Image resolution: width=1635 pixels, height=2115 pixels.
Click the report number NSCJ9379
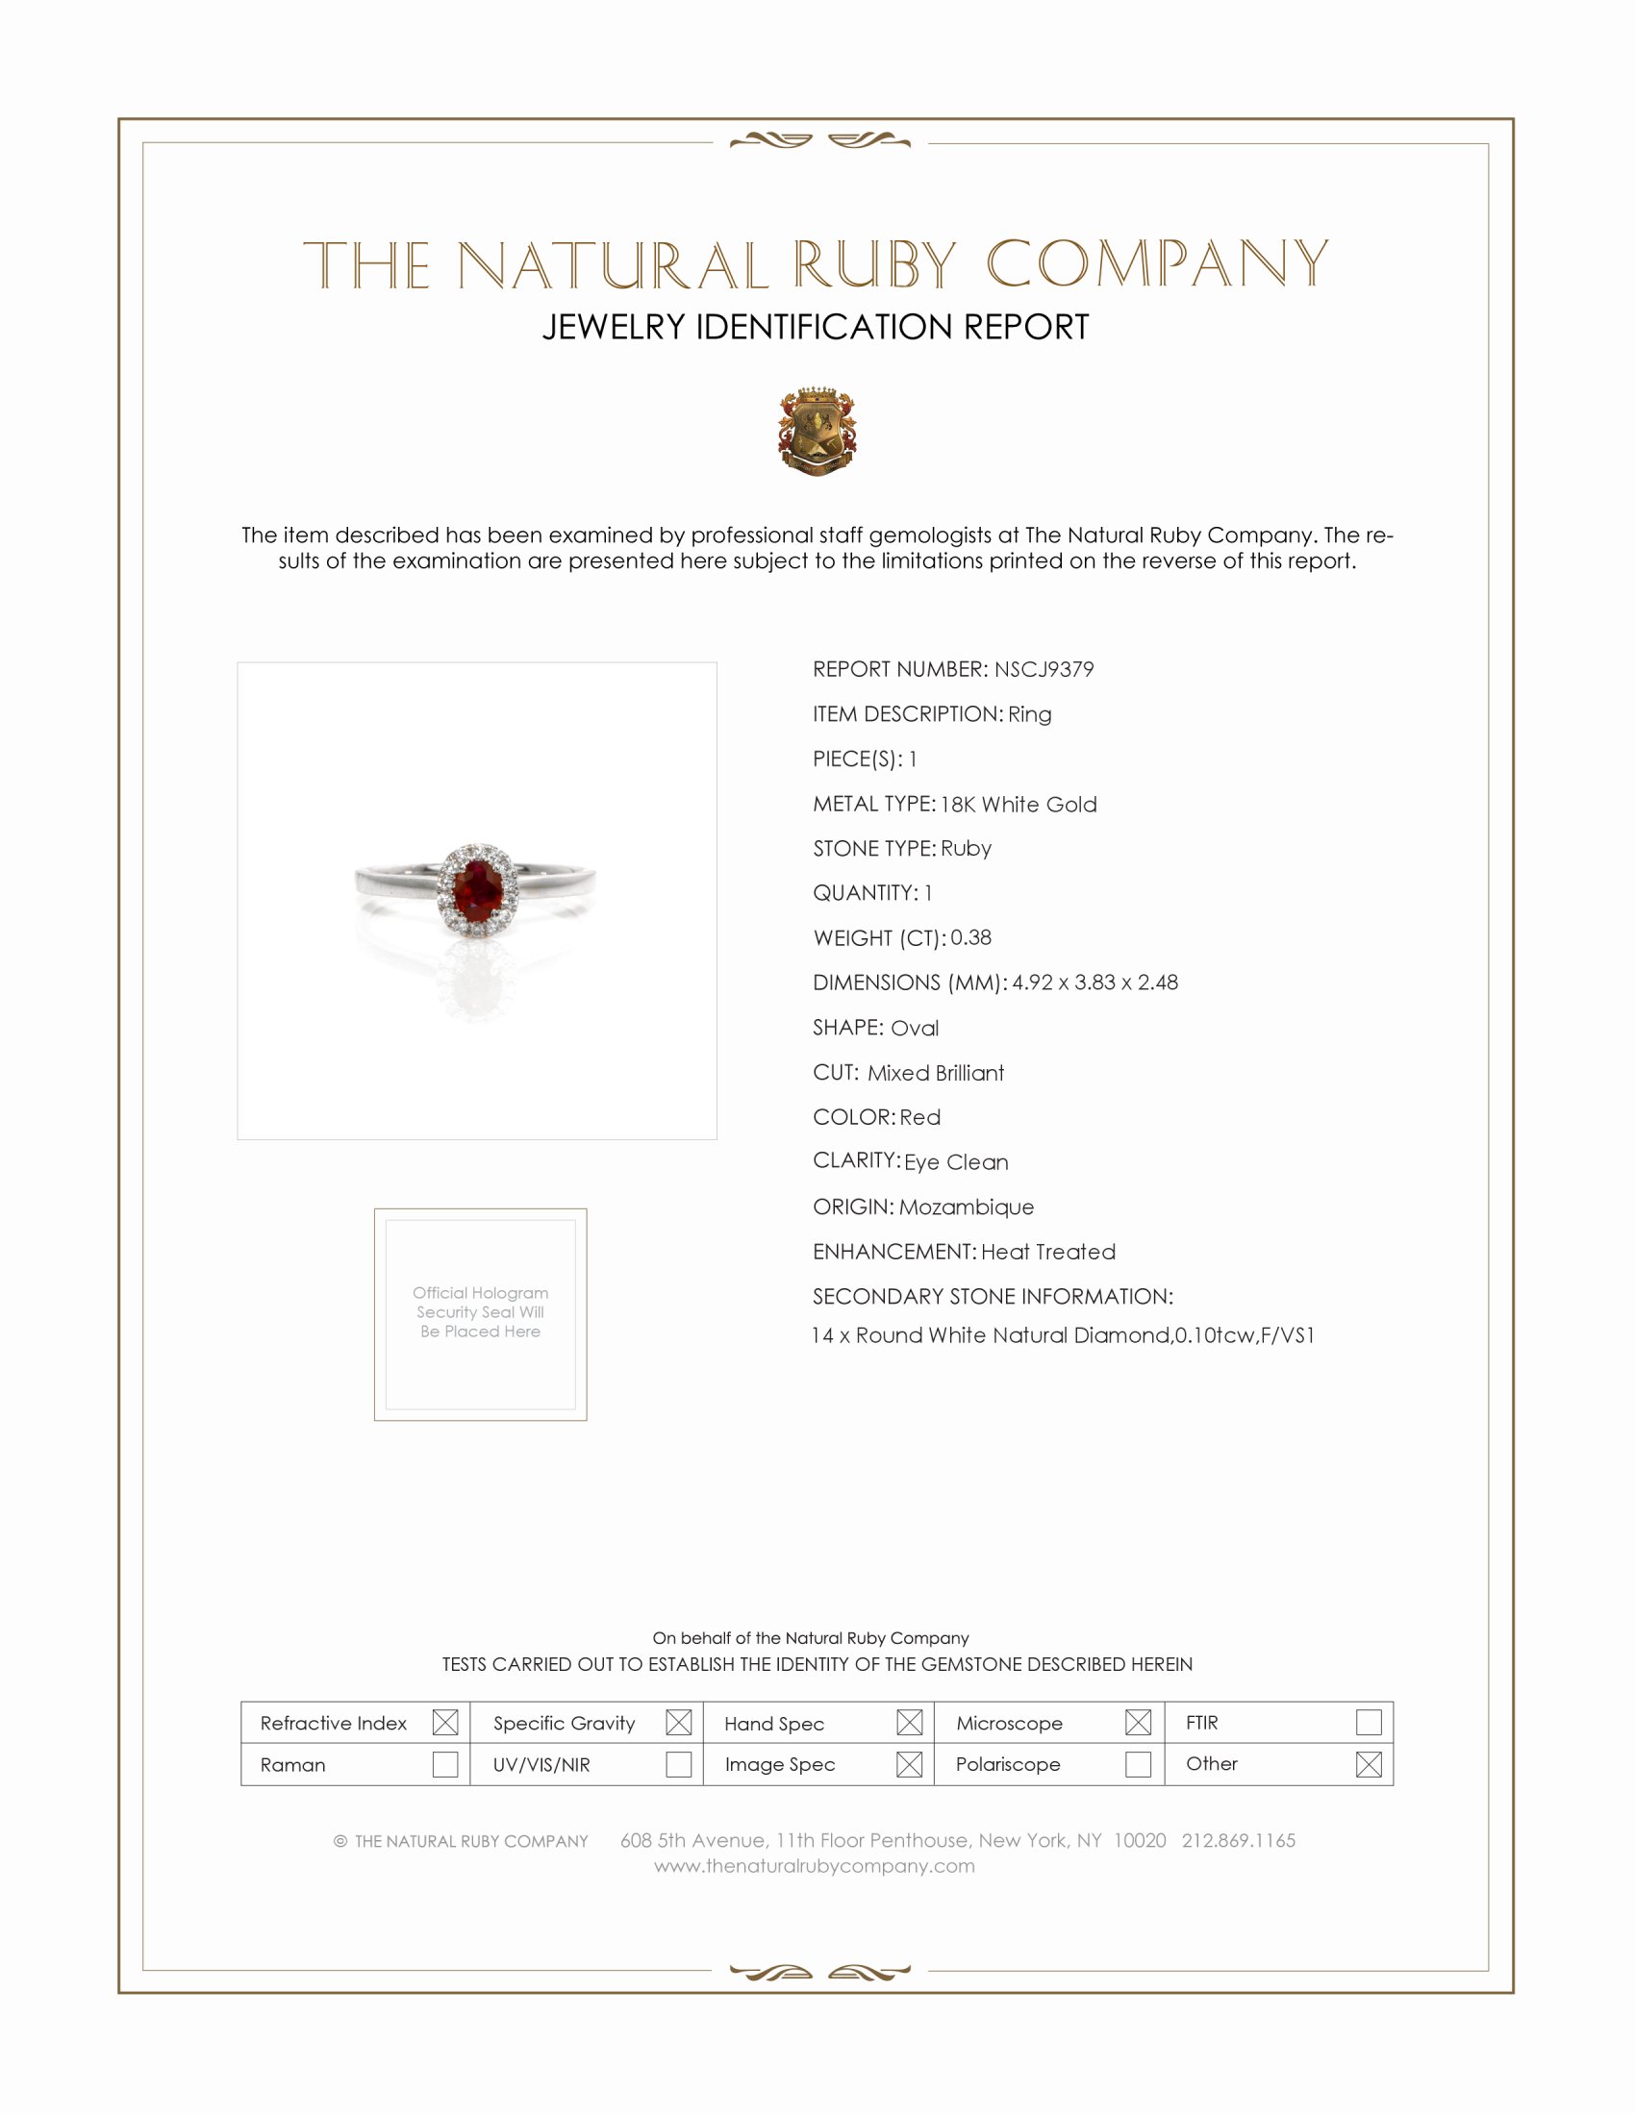click(1044, 669)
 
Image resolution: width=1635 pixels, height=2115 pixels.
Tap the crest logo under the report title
click(817, 431)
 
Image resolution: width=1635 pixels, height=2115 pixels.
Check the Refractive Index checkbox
click(444, 1722)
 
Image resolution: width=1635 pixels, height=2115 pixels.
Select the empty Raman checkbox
click(444, 1764)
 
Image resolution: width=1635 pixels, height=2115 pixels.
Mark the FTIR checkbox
click(1368, 1722)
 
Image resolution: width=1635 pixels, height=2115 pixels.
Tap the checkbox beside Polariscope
click(1138, 1764)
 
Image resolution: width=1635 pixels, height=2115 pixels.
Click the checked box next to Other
click(1368, 1764)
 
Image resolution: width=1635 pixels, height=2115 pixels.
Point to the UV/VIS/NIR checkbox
click(678, 1764)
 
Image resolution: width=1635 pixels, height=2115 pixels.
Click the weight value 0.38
click(970, 937)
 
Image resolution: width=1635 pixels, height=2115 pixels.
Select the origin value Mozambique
click(966, 1207)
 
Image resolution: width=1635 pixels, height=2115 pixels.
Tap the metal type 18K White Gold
click(1018, 804)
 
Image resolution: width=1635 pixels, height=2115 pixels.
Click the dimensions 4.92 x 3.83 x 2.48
click(1094, 982)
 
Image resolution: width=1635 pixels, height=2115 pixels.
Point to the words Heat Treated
click(1048, 1251)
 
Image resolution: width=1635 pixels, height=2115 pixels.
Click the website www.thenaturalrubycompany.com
click(815, 1866)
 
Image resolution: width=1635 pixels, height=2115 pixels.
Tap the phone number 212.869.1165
click(1238, 1840)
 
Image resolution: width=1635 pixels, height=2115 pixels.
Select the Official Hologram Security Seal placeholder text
click(481, 1312)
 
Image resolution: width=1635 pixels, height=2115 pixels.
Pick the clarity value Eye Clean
click(956, 1162)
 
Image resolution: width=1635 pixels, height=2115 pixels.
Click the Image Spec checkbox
click(909, 1764)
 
